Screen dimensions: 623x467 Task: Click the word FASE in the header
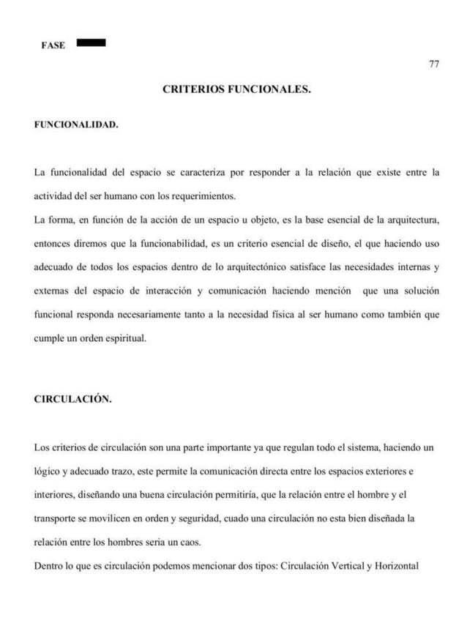click(53, 45)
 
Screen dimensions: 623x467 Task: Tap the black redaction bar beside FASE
click(91, 42)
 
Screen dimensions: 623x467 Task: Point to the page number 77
click(434, 64)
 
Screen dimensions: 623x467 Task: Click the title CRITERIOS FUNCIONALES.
click(236, 90)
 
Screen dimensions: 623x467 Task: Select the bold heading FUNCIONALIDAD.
click(76, 125)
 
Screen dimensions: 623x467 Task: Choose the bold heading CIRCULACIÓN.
click(73, 400)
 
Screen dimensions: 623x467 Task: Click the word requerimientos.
click(202, 196)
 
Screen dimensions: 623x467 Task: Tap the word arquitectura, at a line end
click(411, 220)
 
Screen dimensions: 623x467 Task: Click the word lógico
click(49, 470)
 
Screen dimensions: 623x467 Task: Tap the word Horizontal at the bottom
click(393, 564)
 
